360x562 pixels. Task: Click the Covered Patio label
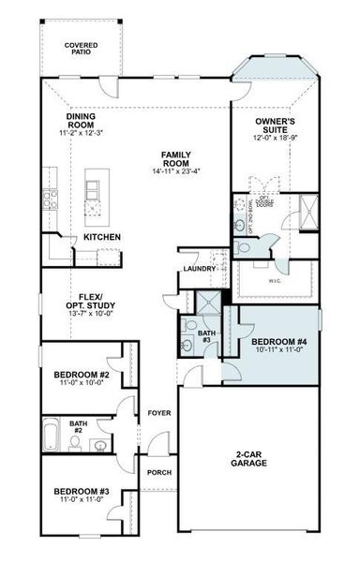[x=82, y=49]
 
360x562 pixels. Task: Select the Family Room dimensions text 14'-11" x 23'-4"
[x=175, y=171]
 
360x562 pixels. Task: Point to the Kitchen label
[x=101, y=237]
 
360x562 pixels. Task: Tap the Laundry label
[x=200, y=269]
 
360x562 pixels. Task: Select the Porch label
[x=158, y=472]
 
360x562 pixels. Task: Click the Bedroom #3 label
[x=82, y=492]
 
